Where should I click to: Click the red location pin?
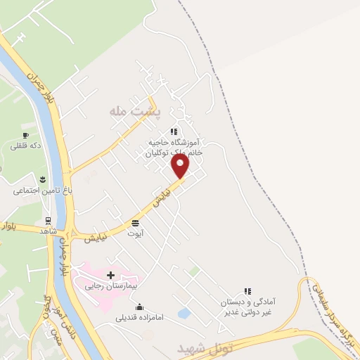pyautogui.click(x=181, y=166)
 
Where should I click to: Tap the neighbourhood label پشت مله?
pyautogui.click(x=135, y=111)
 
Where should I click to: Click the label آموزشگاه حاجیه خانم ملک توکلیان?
pyautogui.click(x=174, y=146)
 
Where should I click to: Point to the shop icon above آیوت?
pyautogui.click(x=134, y=223)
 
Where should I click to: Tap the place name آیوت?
pyautogui.click(x=134, y=234)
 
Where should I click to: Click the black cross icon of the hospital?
pyautogui.click(x=110, y=274)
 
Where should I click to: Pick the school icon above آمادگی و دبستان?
pyautogui.click(x=247, y=290)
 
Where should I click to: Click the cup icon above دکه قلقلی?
pyautogui.click(x=25, y=134)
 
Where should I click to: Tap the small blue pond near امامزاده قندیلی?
pyautogui.click(x=184, y=313)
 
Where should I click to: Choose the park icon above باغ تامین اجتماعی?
pyautogui.click(x=43, y=178)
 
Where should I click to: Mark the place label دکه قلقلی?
pyautogui.click(x=25, y=146)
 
